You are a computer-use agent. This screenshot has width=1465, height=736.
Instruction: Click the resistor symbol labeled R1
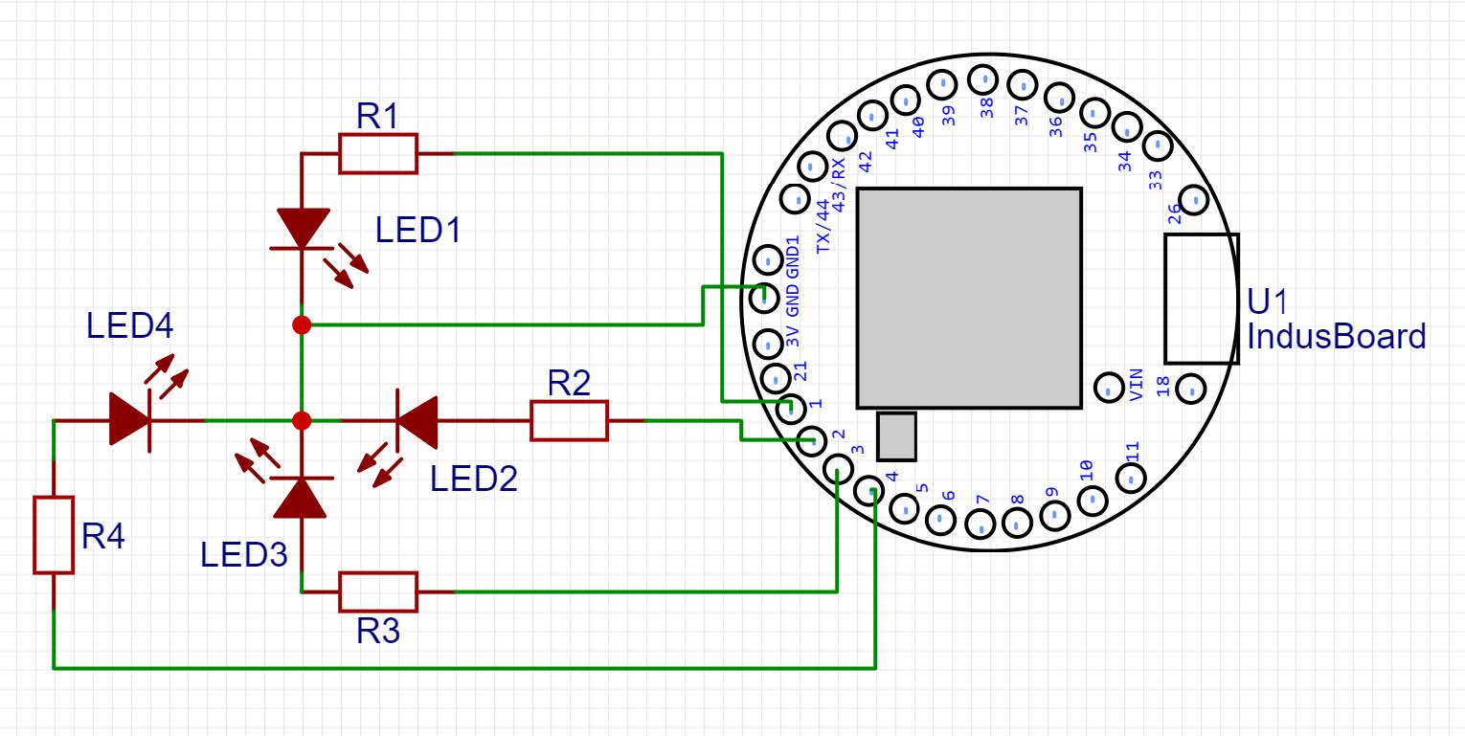click(x=378, y=154)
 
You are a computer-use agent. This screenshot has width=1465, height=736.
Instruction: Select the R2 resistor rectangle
click(x=569, y=421)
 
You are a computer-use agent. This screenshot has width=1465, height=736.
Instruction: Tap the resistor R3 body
click(x=378, y=591)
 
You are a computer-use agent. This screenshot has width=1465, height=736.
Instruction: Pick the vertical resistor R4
click(x=54, y=535)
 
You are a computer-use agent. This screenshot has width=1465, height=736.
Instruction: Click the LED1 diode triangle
click(x=302, y=229)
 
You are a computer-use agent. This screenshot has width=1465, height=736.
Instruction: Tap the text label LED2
click(x=474, y=479)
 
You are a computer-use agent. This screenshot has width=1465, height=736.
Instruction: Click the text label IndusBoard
click(x=1336, y=337)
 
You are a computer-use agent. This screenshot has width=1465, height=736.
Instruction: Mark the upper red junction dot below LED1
click(x=302, y=325)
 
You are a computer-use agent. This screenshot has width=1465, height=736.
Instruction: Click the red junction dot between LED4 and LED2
click(x=302, y=420)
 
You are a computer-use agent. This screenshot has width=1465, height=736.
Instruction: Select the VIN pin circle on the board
click(x=1109, y=388)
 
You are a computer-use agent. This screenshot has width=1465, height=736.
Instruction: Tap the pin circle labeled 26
click(x=1193, y=199)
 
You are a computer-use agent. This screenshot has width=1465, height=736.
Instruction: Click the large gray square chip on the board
click(x=969, y=298)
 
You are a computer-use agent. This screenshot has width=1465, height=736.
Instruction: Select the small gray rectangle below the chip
click(x=897, y=435)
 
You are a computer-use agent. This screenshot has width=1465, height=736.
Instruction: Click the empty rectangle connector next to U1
click(x=1202, y=299)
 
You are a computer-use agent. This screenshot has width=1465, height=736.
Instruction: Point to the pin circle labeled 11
click(x=1131, y=476)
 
